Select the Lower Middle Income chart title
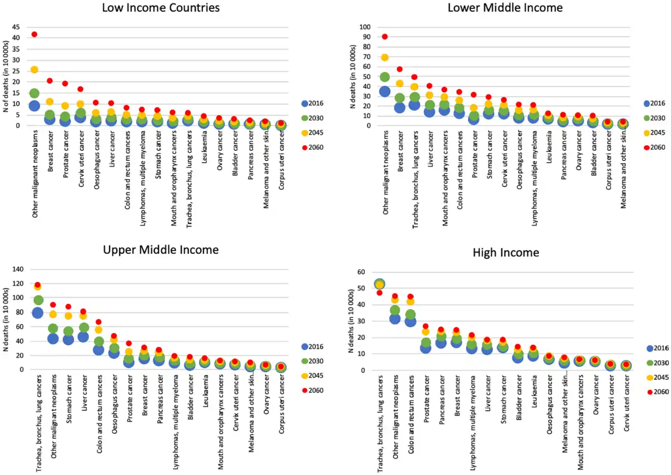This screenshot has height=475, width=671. pos(505,8)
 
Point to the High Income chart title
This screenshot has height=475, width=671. pos(505,253)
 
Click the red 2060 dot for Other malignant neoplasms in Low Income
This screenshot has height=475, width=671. pos(34,34)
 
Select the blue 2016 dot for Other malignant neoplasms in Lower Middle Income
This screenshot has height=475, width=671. pos(385,91)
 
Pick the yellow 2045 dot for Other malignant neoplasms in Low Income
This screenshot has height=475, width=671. pos(34,69)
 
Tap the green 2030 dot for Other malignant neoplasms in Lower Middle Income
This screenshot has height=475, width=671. pos(385,77)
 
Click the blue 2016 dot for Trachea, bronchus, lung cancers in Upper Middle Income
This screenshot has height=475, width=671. pos(37,312)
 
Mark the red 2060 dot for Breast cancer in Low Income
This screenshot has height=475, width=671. pos(50,80)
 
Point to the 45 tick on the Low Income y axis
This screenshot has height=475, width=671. pos(16,27)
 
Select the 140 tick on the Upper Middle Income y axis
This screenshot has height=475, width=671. pos(18,269)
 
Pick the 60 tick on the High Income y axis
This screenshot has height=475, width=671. pos(361,272)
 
